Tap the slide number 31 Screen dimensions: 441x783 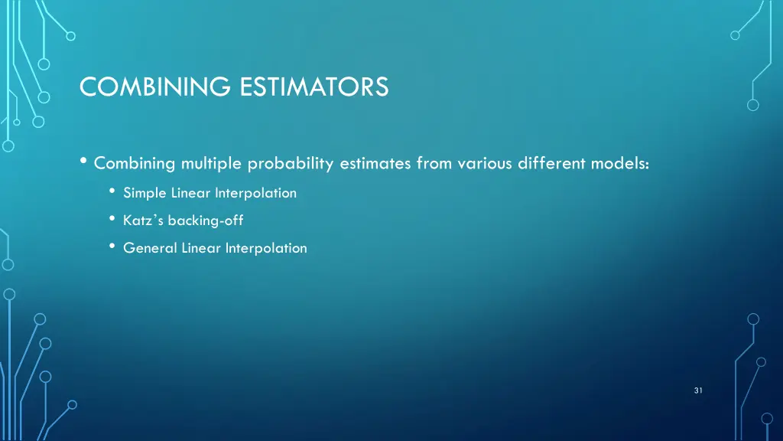(698, 390)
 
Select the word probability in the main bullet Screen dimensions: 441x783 (291, 163)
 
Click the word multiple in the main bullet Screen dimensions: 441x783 (212, 163)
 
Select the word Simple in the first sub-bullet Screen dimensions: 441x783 (145, 193)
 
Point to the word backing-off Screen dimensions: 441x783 (206, 220)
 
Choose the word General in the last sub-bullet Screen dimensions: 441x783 (150, 248)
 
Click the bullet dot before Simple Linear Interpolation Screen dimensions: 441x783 (112, 192)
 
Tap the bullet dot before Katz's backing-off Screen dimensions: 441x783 (112, 220)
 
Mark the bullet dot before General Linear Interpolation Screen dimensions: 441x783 (112, 247)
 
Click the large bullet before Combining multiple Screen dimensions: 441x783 (83, 162)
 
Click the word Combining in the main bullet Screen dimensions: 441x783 (135, 163)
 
